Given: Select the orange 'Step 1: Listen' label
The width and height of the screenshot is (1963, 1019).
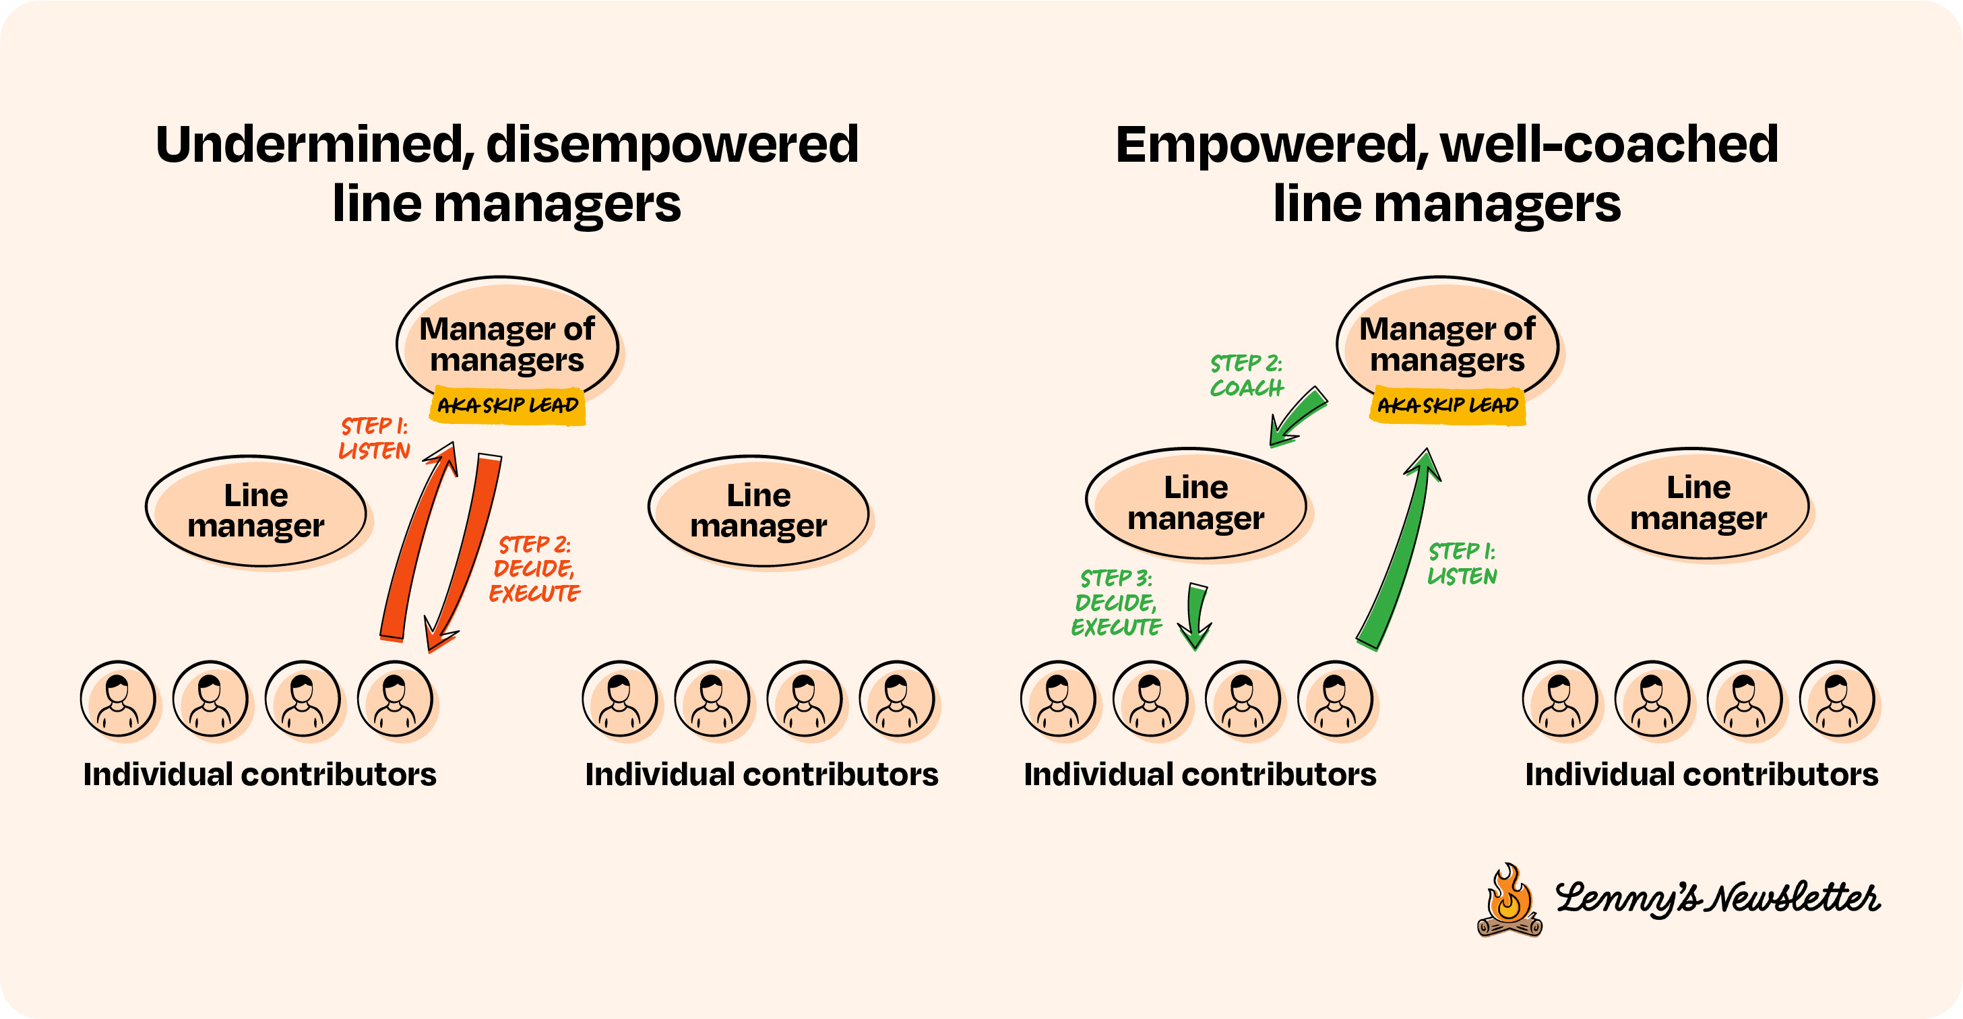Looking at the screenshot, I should point(374,438).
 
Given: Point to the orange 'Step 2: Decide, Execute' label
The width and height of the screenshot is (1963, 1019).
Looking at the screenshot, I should point(534,569).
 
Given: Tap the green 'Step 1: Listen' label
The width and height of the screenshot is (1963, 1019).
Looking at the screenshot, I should point(1462,564).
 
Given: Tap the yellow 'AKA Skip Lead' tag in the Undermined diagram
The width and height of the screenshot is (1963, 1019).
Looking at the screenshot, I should point(507,406).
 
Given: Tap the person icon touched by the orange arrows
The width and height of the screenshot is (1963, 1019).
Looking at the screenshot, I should point(395,698).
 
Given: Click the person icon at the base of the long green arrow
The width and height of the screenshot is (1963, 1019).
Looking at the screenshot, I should point(1335,698).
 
